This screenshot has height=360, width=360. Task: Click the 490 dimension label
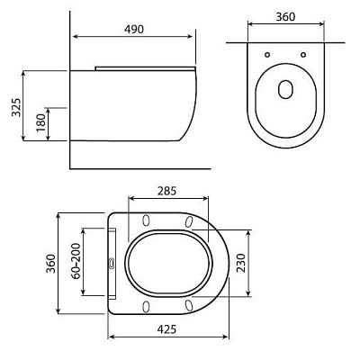134,29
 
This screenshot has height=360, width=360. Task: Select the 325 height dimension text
16,107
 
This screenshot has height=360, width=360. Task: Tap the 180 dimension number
40,122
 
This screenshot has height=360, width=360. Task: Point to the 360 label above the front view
285,17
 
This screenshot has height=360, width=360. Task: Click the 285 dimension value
166,191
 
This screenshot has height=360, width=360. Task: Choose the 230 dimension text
241,263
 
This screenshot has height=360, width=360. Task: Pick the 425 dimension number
166,329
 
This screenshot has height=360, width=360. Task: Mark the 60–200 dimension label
76,261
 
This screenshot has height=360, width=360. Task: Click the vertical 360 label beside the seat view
50,264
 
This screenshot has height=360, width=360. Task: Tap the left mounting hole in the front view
267,55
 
